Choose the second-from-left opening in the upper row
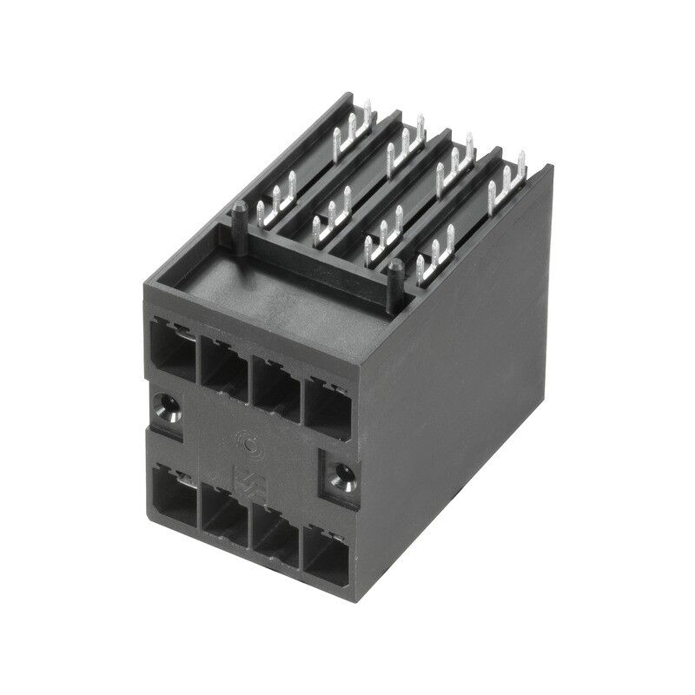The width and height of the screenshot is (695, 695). click(224, 365)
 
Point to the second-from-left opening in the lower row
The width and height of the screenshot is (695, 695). click(224, 515)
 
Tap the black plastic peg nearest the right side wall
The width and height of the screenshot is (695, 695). click(394, 275)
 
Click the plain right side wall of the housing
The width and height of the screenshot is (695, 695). click(469, 365)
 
